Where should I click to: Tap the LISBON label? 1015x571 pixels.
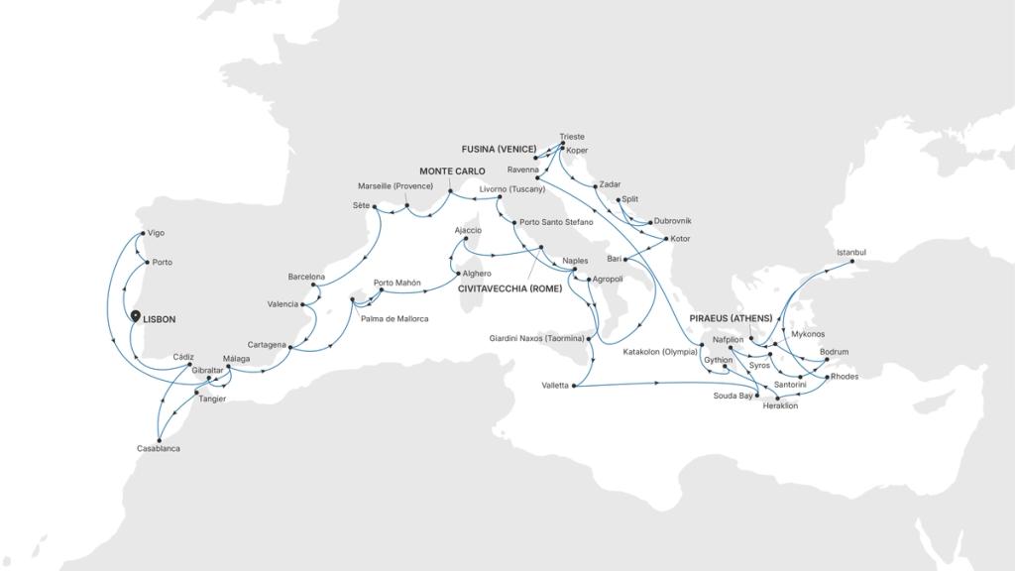[x=160, y=319]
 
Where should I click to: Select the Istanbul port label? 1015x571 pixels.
[x=850, y=253]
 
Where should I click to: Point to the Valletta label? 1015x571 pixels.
[x=555, y=386]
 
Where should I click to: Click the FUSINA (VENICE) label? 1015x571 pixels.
[x=499, y=149]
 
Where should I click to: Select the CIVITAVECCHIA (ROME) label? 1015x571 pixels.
[x=509, y=288]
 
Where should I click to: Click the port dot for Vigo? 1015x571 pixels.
[x=142, y=234]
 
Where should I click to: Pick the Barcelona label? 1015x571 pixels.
[x=306, y=276]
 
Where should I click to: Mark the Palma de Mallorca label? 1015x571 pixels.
[x=395, y=318]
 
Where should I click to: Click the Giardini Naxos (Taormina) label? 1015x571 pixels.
[x=536, y=338]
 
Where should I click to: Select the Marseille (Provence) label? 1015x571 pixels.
[x=395, y=186]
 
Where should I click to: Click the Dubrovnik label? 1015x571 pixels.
[x=673, y=220]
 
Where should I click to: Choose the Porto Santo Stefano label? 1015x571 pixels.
[x=555, y=222]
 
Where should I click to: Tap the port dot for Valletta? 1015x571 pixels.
[x=575, y=386]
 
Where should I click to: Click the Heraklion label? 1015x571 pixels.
[x=780, y=405]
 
